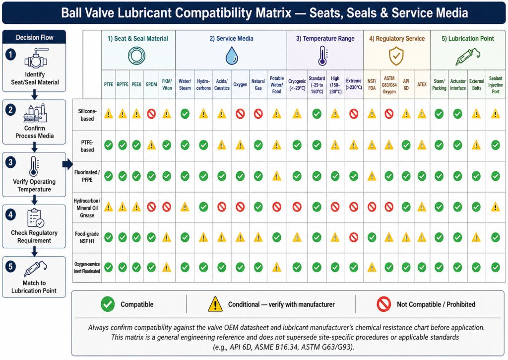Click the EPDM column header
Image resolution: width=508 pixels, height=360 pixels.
tap(151, 84)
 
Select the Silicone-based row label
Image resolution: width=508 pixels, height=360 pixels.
tap(87, 115)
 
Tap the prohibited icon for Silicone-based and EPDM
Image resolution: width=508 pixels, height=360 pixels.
tap(151, 114)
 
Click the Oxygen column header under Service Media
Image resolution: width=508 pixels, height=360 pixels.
tap(240, 84)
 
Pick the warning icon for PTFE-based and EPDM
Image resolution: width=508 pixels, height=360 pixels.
tap(151, 145)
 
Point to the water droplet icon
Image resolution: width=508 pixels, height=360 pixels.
tap(232, 56)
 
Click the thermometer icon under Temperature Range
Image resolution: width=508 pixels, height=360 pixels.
tap(322, 56)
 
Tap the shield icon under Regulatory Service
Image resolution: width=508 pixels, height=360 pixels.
tap(396, 56)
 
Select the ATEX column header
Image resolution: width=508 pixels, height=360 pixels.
tap(422, 84)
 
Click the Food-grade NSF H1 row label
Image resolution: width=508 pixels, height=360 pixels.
tap(87, 237)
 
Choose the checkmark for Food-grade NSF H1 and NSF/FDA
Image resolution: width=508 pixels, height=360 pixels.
tap(372, 238)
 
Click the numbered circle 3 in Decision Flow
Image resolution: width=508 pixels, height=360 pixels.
tap(11, 162)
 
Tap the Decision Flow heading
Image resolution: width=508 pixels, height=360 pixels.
tap(35, 38)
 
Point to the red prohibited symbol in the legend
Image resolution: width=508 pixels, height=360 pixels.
tap(383, 304)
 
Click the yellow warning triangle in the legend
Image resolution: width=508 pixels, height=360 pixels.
tap(215, 304)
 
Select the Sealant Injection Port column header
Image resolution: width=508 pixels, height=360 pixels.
tap(496, 84)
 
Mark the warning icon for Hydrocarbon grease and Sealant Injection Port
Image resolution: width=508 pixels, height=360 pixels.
tap(496, 207)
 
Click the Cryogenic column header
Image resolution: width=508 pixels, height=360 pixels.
tap(297, 84)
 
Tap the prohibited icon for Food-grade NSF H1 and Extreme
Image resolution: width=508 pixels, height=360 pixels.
tap(354, 238)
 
